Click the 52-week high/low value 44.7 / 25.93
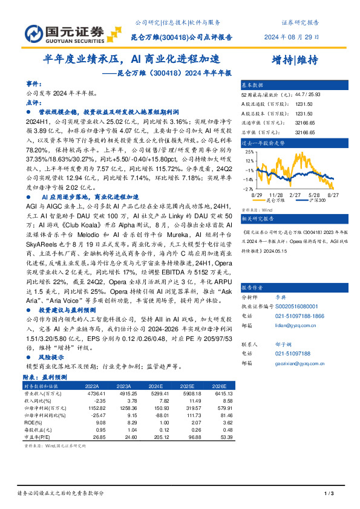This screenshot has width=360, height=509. pos(307,95)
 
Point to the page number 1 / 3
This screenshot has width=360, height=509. pos(329,494)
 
